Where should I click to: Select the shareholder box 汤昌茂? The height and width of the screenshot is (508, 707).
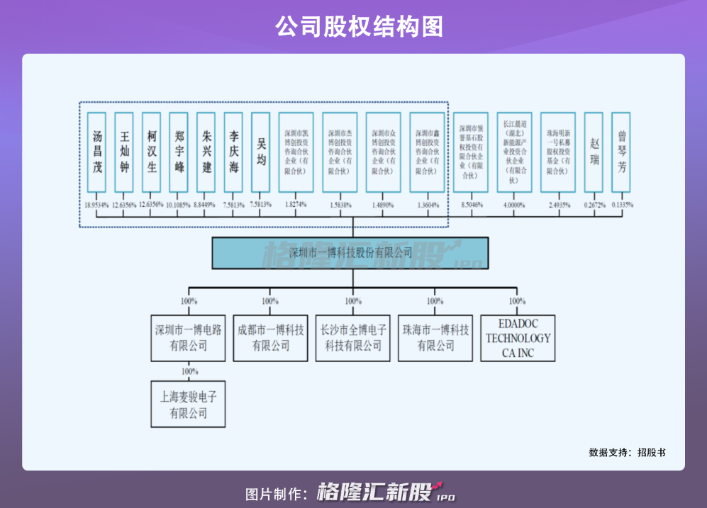pyautogui.click(x=96, y=152)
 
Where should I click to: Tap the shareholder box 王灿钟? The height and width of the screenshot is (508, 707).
pyautogui.click(x=124, y=152)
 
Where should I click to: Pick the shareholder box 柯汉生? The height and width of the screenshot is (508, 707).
pyautogui.click(x=151, y=152)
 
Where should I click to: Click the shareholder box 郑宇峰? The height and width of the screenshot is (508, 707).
pyautogui.click(x=179, y=152)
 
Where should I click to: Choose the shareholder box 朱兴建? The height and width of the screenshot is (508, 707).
pyautogui.click(x=206, y=152)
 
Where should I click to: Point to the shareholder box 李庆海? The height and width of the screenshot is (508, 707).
pyautogui.click(x=233, y=152)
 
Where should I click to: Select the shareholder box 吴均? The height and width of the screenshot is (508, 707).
pyautogui.click(x=261, y=152)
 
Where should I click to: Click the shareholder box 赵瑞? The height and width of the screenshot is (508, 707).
pyautogui.click(x=594, y=152)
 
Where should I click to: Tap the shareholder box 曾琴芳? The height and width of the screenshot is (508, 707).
pyautogui.click(x=621, y=152)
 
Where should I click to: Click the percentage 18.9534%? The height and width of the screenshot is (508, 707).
pyautogui.click(x=96, y=205)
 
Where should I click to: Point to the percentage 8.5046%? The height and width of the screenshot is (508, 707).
pyautogui.click(x=472, y=205)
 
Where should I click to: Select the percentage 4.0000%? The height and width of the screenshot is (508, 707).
pyautogui.click(x=514, y=205)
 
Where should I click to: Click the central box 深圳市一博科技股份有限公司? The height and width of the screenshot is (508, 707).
pyautogui.click(x=350, y=253)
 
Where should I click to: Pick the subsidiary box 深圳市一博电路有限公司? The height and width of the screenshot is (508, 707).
pyautogui.click(x=188, y=338)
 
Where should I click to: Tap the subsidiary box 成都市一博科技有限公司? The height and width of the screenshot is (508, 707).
pyautogui.click(x=271, y=338)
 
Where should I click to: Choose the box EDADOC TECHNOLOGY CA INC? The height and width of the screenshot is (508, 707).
pyautogui.click(x=518, y=338)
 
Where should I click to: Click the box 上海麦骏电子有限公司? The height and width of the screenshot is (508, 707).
pyautogui.click(x=188, y=405)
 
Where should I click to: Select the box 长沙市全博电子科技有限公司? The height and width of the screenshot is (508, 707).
pyautogui.click(x=353, y=338)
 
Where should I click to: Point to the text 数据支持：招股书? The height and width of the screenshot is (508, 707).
pyautogui.click(x=627, y=452)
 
